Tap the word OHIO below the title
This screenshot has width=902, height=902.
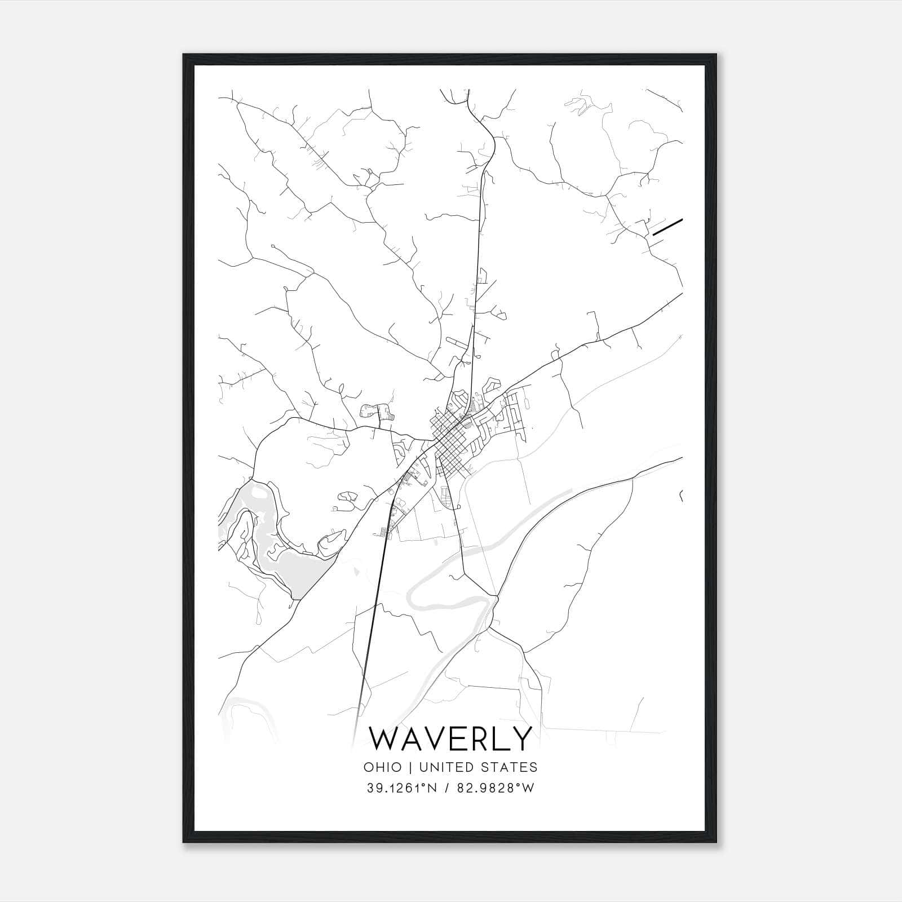click(383, 767)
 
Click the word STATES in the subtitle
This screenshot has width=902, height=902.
click(509, 767)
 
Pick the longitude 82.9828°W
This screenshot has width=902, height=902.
click(498, 789)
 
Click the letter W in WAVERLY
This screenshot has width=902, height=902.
click(384, 739)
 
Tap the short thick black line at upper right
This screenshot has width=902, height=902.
click(667, 226)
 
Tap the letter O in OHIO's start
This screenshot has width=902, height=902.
click(368, 767)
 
